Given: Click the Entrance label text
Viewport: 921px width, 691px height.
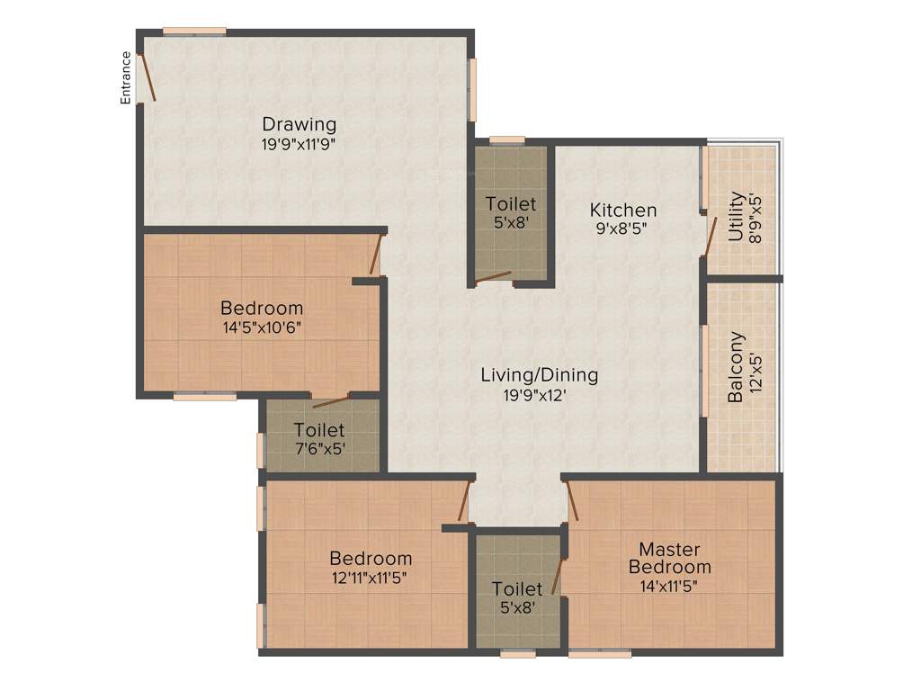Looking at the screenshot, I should pos(126,77).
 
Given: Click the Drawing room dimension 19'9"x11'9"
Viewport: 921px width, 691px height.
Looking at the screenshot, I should pos(300,143).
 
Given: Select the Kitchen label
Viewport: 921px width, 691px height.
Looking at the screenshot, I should pos(622,210).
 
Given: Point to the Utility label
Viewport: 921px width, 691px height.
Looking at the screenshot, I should pos(736,215).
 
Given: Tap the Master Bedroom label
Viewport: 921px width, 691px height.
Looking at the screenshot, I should pos(669,558).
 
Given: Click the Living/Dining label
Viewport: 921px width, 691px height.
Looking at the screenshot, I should pos(539,375).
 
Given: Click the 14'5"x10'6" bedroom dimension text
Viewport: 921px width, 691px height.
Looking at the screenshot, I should pos(262,328).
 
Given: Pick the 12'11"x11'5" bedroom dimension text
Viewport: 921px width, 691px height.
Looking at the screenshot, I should pos(371,578).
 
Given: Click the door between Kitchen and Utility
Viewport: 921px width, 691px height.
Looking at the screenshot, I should pos(711,236).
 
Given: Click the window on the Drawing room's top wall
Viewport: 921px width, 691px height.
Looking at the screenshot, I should pos(194,31).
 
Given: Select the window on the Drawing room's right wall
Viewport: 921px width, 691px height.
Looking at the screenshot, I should pos(473,89).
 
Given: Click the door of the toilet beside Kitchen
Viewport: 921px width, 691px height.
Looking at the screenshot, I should pos(493,278).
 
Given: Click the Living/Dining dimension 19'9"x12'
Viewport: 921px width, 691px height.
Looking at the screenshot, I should pos(539,394).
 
